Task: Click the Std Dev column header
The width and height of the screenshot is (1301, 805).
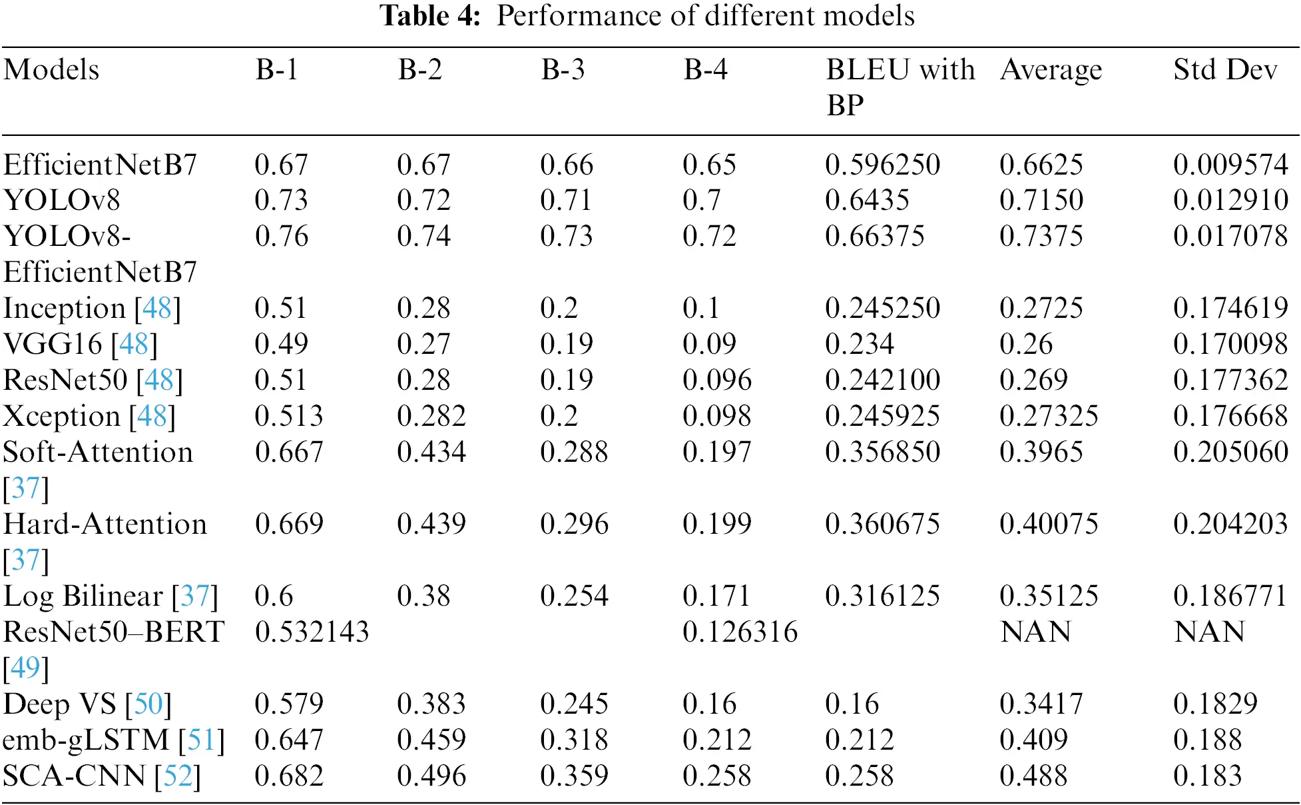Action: click(1224, 70)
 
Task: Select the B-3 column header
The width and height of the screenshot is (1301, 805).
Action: click(563, 70)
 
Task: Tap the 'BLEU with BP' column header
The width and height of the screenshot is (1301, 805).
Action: click(900, 87)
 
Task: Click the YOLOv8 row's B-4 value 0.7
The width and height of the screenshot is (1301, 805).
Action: click(701, 200)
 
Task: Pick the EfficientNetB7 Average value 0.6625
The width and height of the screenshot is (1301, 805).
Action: click(1041, 165)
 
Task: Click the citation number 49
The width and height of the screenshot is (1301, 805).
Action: click(26, 668)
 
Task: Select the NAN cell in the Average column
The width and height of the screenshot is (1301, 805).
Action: click(1035, 632)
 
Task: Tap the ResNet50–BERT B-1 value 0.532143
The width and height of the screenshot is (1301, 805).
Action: click(312, 632)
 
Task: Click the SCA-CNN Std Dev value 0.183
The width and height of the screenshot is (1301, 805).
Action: click(1207, 776)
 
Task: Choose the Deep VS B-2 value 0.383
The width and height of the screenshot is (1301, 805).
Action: click(431, 704)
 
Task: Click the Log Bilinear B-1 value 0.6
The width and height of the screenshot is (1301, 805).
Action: click(274, 596)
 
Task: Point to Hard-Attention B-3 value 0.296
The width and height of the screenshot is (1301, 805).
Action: click(574, 524)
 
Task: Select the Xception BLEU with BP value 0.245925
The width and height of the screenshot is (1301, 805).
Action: click(882, 416)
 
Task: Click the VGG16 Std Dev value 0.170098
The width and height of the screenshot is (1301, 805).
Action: click(1230, 344)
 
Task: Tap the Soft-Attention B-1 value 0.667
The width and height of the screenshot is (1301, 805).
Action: click(289, 452)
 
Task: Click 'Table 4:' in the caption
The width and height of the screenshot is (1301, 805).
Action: click(429, 16)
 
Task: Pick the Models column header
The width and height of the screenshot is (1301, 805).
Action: click(51, 70)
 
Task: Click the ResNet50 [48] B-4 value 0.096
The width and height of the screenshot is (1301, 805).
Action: click(716, 380)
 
